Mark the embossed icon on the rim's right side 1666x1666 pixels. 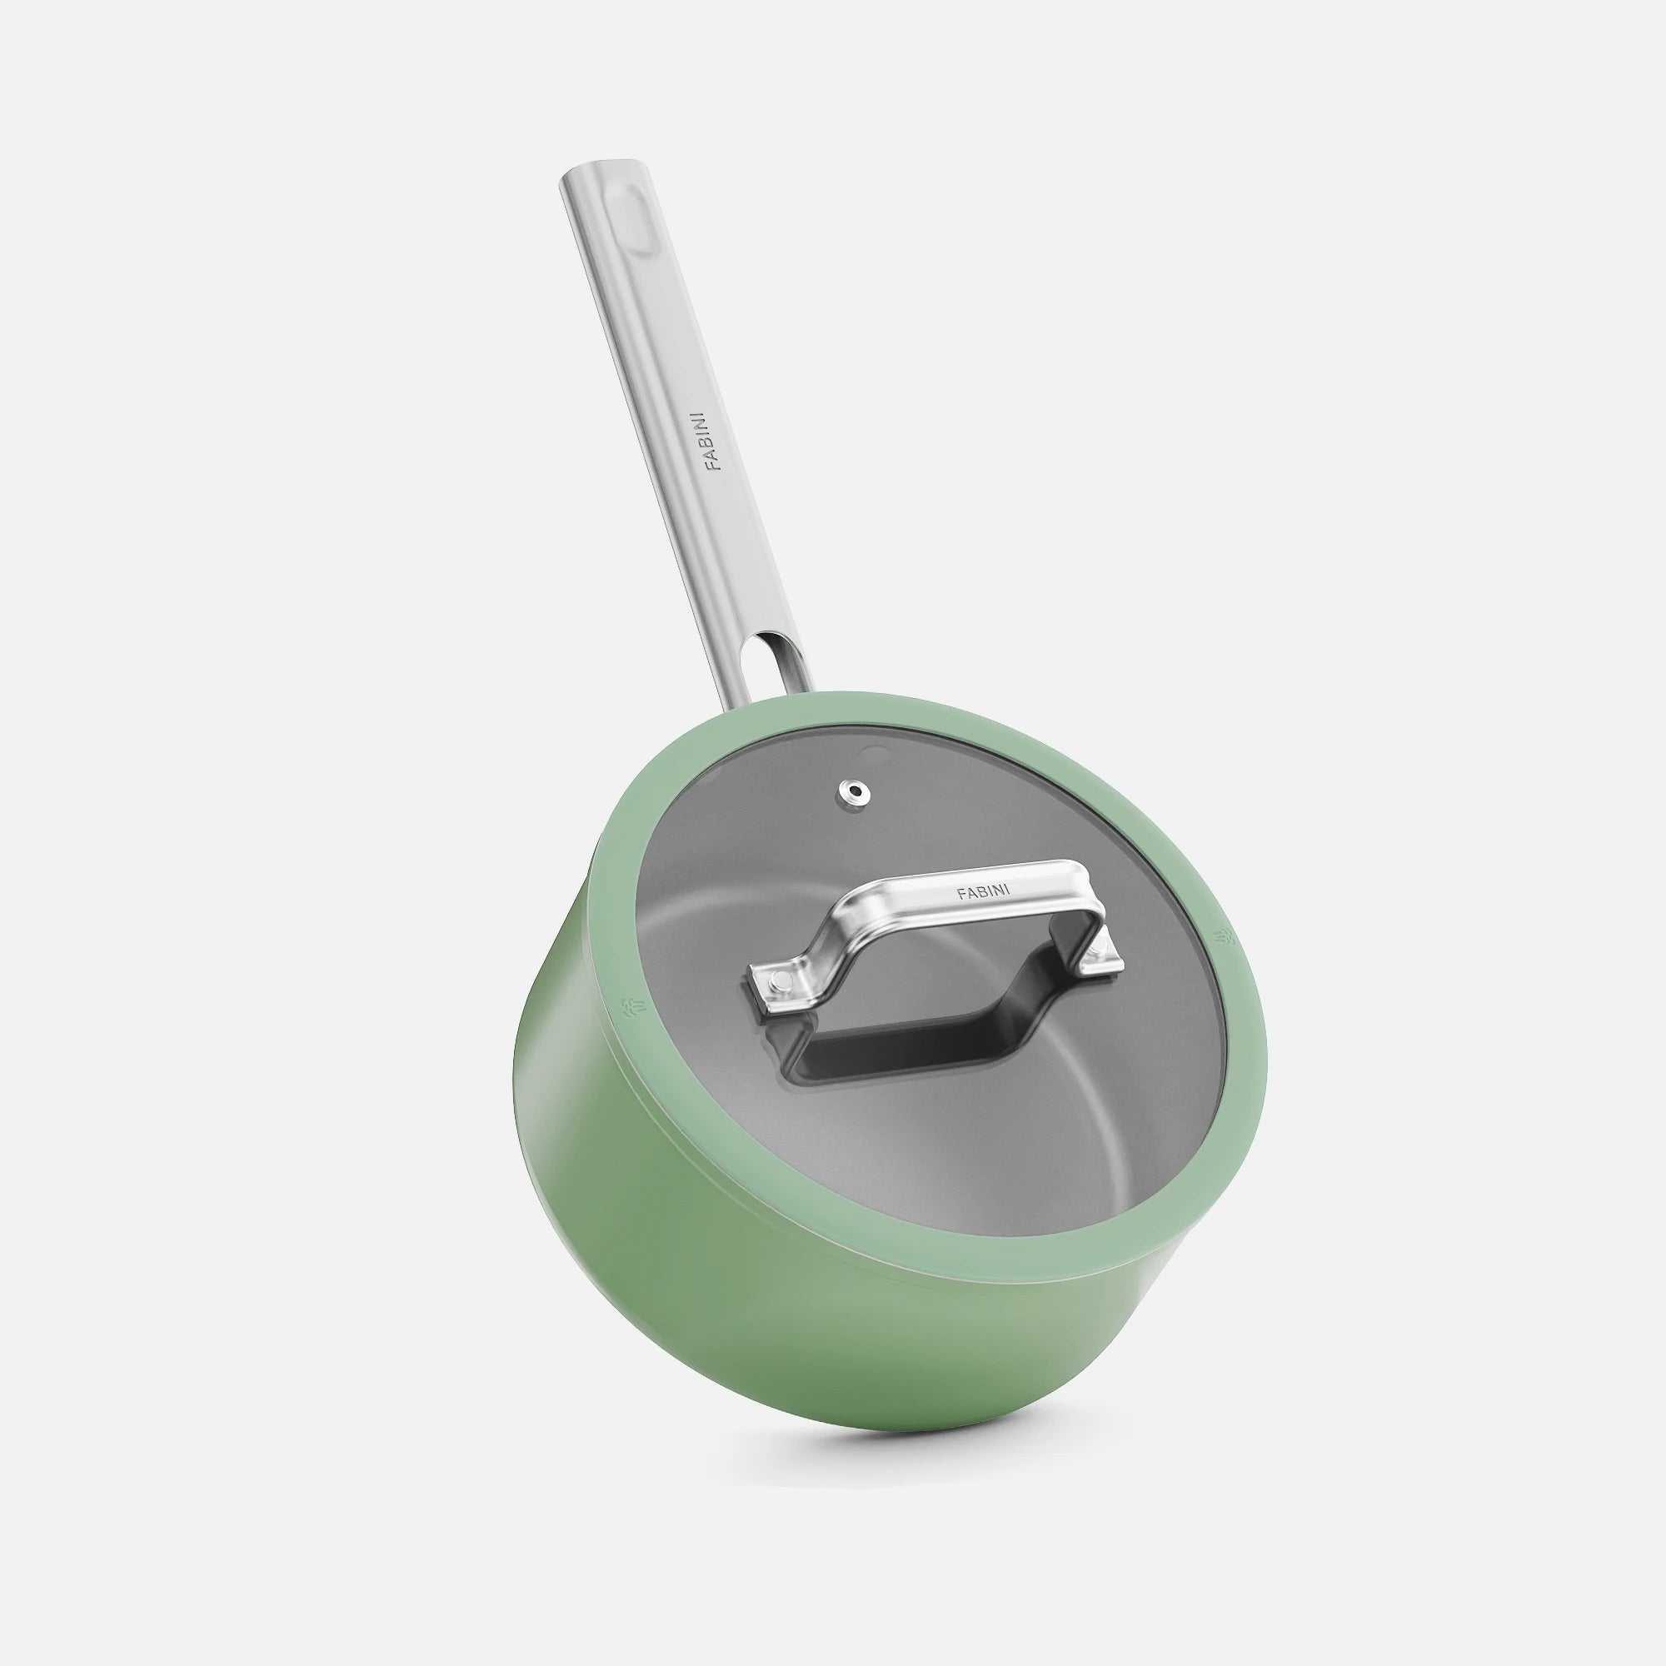(x=1223, y=935)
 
